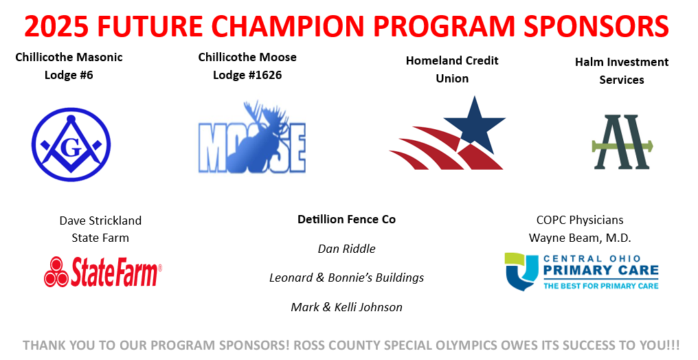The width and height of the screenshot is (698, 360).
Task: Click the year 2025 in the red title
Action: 56,27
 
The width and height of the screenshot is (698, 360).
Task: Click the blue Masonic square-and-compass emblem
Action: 71,144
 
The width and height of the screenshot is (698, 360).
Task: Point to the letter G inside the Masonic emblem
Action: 71,148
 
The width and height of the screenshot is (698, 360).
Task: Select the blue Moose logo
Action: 252,137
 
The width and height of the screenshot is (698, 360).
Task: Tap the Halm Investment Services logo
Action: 622,142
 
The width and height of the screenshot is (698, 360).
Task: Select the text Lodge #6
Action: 69,75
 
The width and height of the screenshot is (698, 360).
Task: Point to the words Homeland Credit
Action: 452,60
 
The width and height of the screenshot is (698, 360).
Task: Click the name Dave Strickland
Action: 100,221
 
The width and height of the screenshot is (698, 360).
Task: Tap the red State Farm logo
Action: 103,271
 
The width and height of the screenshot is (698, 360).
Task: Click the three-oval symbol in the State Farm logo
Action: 56,272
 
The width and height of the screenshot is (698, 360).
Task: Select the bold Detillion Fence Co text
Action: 346,219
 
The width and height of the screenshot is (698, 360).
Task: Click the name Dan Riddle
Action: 346,249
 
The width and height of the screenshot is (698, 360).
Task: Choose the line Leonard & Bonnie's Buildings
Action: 346,278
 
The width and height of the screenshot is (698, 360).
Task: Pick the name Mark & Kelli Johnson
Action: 346,307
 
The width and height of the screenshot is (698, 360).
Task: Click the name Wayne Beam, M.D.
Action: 580,238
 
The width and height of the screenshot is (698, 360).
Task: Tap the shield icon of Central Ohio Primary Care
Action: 521,271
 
